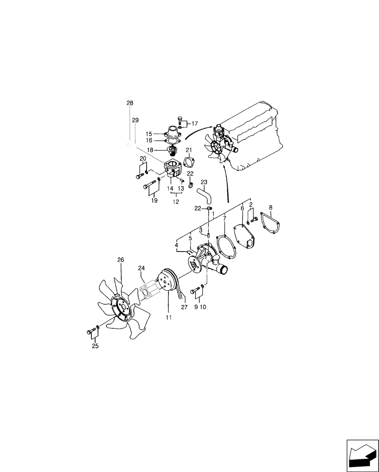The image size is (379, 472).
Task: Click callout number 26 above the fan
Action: (121, 260)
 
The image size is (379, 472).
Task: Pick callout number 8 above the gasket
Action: (270, 207)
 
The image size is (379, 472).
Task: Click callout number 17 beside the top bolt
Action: (195, 124)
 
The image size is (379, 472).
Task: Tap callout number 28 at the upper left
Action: (130, 103)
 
